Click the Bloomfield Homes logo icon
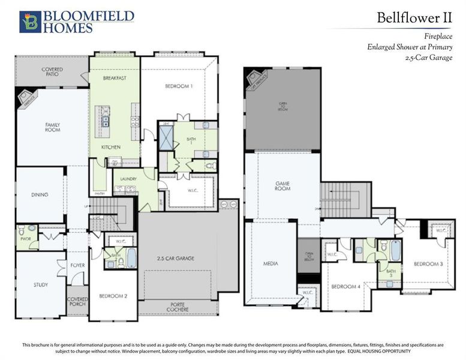pyautogui.click(x=30, y=22)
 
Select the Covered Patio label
pyautogui.click(x=52, y=72)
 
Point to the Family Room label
pyautogui.click(x=52, y=127)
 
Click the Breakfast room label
pyautogui.click(x=114, y=79)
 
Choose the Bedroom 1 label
pyautogui.click(x=179, y=86)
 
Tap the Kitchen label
pyautogui.click(x=111, y=147)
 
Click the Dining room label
pyautogui.click(x=40, y=194)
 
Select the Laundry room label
pyautogui.click(x=128, y=179)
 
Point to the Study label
pyautogui.click(x=40, y=284)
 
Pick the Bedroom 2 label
pyautogui.click(x=113, y=296)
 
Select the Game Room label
pyautogui.click(x=282, y=185)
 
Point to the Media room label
pyautogui.click(x=270, y=263)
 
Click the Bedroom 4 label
pyautogui.click(x=346, y=286)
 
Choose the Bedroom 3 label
pyautogui.click(x=428, y=264)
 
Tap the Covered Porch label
pyautogui.click(x=77, y=301)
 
